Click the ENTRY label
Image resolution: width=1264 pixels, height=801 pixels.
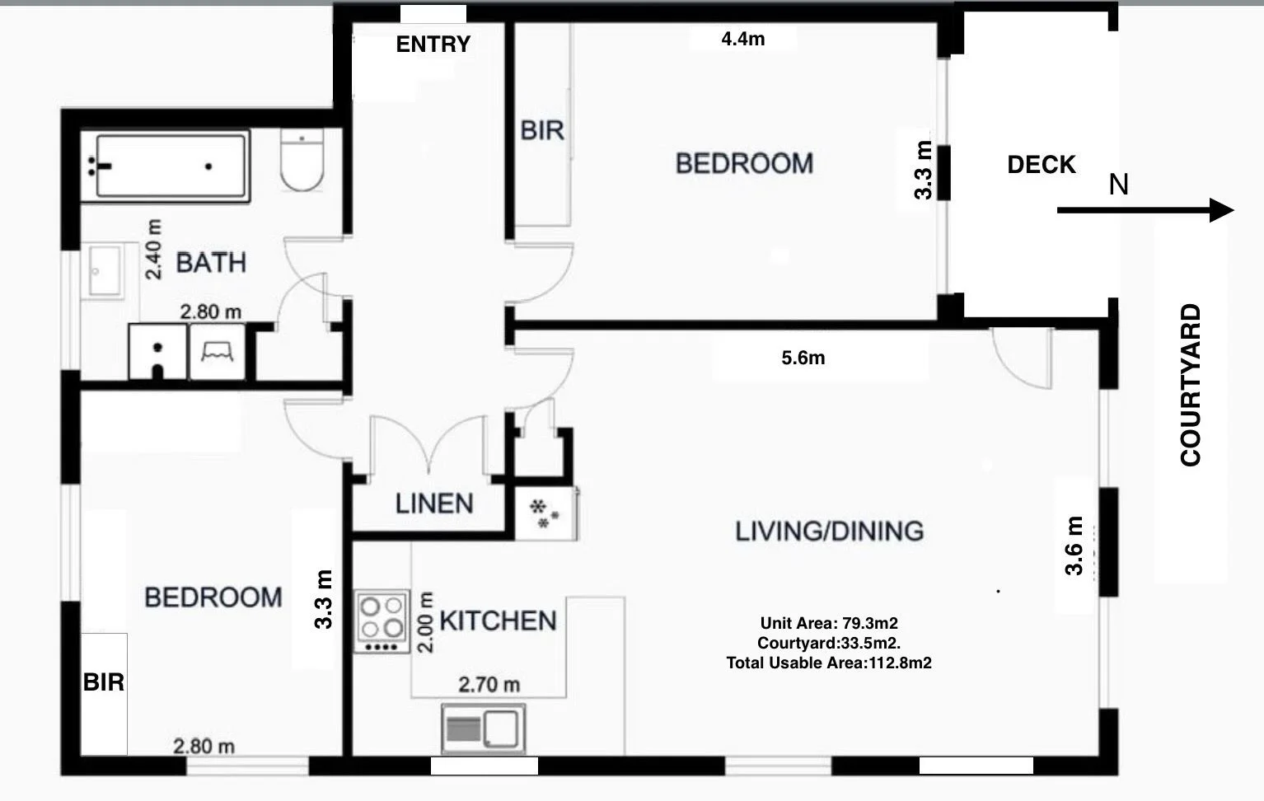tap(433, 44)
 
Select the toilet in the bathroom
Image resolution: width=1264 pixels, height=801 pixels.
tap(302, 159)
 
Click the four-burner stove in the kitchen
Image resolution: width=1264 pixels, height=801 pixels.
tap(382, 621)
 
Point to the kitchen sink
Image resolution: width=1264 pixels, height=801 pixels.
tap(483, 728)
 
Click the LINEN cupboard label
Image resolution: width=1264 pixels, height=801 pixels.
tap(434, 504)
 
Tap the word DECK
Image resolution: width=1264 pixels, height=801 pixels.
tap(1041, 165)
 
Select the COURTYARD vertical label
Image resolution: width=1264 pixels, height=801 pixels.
tap(1191, 385)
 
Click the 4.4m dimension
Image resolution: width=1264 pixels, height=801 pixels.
tap(743, 39)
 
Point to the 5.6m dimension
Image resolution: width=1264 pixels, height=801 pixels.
tap(803, 358)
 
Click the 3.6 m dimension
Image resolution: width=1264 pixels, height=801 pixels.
tap(1074, 546)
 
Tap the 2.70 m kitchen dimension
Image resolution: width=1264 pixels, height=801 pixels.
tap(489, 685)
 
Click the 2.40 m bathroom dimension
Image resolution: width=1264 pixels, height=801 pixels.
tap(153, 249)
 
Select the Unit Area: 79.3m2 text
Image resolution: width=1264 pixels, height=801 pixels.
tap(829, 623)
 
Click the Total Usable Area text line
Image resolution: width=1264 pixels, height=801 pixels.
tap(829, 663)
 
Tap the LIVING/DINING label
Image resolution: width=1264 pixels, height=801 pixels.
tap(830, 532)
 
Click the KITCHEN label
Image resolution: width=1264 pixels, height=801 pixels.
tap(499, 621)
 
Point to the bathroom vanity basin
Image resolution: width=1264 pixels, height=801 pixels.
tap(105, 270)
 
